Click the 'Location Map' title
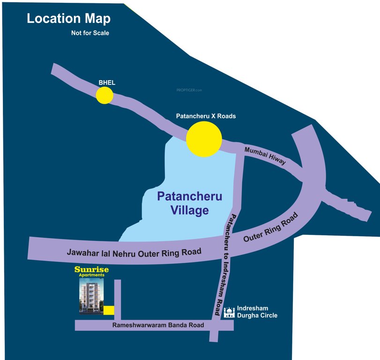pos(68,19)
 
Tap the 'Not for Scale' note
pos(90,33)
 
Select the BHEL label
pos(107,83)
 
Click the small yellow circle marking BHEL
pos(104,95)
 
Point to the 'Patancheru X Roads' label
pos(206,116)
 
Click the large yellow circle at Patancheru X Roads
pos(204,139)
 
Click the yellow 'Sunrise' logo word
pos(91,270)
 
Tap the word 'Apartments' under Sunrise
pos(91,276)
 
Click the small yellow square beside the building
pos(108,310)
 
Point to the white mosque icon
pos(229,312)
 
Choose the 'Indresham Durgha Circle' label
pos(257,312)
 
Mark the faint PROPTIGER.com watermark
pos(188,90)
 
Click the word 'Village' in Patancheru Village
pos(190,210)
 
